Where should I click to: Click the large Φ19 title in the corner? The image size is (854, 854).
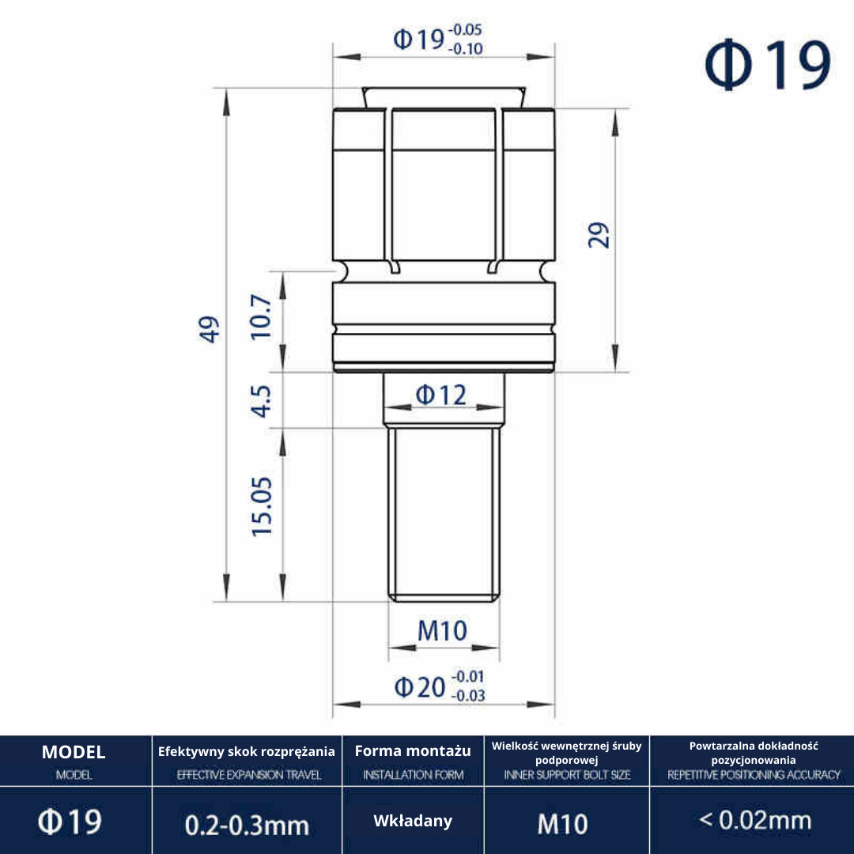pos(767,65)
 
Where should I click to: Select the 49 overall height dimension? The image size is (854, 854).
pos(210,329)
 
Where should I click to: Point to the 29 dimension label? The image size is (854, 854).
pos(599,236)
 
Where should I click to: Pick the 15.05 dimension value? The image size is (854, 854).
pos(262,507)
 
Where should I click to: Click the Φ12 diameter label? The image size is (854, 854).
pos(441,395)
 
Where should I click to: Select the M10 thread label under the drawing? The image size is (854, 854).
pos(442,631)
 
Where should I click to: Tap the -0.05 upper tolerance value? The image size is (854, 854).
pos(465,29)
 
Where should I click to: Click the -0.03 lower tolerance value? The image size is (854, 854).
pos(468,696)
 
